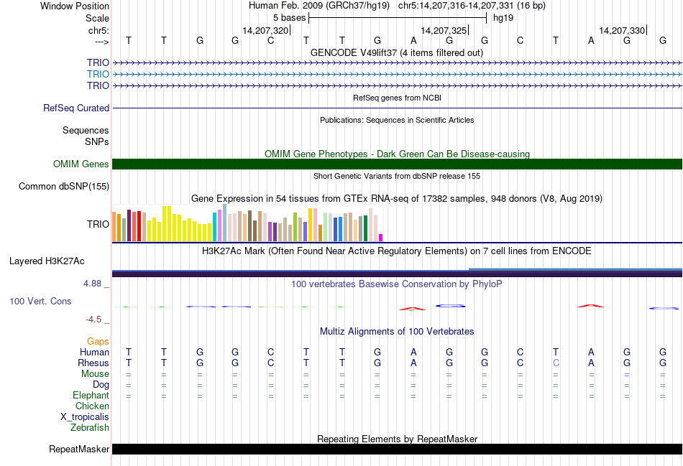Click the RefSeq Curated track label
tap(76, 108)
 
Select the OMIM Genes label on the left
tap(81, 164)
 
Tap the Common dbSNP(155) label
tap(64, 187)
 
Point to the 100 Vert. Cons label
tap(40, 302)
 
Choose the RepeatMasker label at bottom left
tap(79, 449)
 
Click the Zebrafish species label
tap(90, 428)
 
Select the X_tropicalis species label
tap(85, 417)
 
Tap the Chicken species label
tap(92, 406)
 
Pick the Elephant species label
tap(91, 396)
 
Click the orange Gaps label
tap(98, 341)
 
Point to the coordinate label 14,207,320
tap(266, 31)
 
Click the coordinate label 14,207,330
tap(622, 31)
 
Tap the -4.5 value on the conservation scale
tap(94, 320)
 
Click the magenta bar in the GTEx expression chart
tap(381, 237)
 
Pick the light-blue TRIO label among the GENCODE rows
tap(98, 74)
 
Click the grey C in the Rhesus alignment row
tap(556, 363)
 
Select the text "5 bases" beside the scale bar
tap(289, 17)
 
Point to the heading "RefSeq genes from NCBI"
tap(397, 97)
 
